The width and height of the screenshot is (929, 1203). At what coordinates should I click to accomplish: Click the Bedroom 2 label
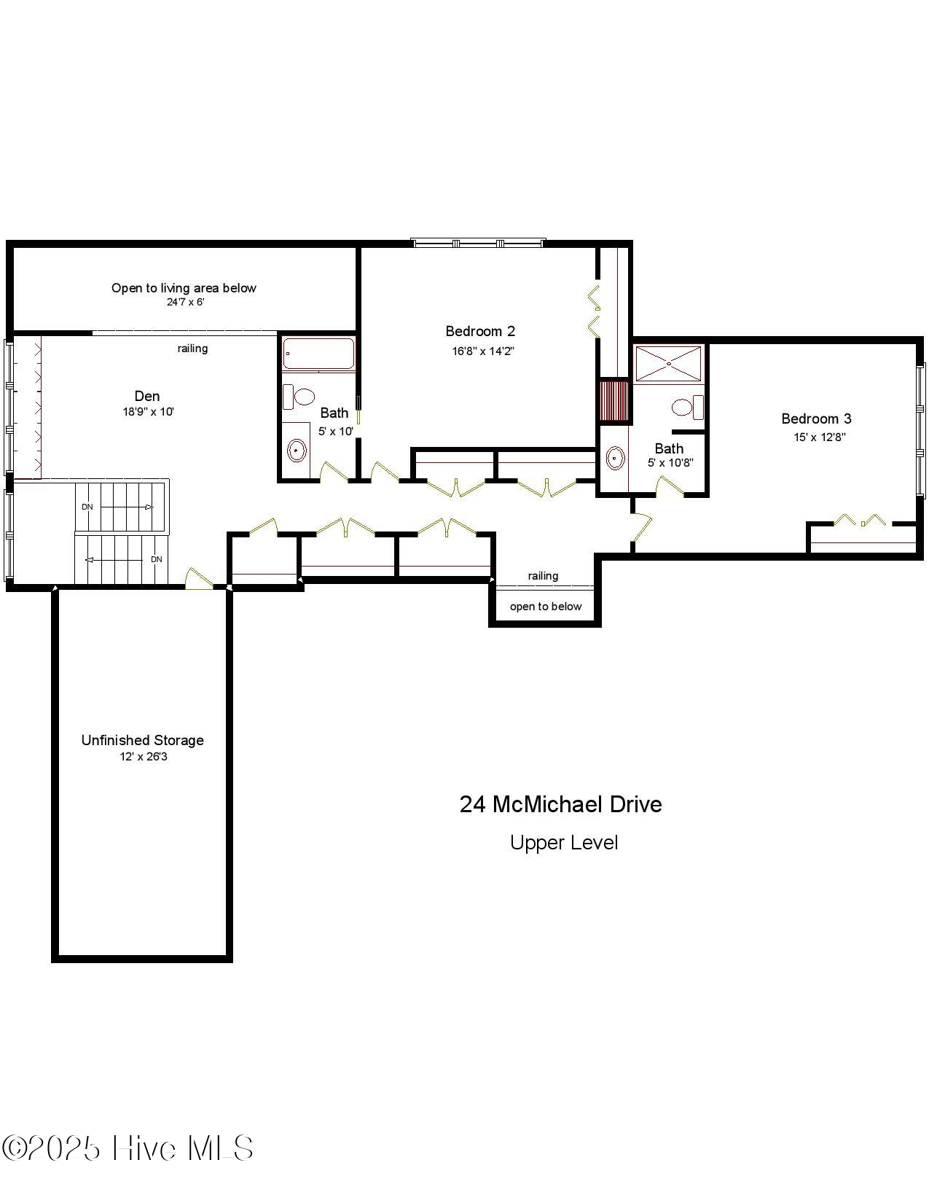480,332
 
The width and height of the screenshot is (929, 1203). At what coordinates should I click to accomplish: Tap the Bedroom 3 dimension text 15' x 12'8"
819,437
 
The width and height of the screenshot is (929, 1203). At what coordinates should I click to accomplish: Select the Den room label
147,397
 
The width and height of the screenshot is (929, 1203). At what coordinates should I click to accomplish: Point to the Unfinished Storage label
142,740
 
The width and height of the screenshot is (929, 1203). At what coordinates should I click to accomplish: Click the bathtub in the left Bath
318,354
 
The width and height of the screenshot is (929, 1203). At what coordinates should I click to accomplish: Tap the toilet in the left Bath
299,396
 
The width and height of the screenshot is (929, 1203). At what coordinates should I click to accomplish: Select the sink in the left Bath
297,450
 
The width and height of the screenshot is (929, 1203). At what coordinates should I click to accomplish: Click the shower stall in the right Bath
668,363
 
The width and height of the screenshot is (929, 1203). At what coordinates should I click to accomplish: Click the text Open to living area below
184,288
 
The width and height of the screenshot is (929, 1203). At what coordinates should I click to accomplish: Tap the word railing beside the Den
192,349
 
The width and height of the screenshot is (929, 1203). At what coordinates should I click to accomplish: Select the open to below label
546,607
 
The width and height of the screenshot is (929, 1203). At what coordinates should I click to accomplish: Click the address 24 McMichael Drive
560,804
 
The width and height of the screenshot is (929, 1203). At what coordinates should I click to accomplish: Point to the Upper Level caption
563,843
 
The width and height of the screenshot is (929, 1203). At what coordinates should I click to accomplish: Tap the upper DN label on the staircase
87,507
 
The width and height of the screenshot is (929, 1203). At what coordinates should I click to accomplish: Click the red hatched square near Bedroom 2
614,400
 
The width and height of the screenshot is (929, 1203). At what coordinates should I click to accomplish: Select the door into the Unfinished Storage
197,580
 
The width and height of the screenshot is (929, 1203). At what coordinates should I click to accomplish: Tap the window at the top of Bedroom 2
477,242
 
